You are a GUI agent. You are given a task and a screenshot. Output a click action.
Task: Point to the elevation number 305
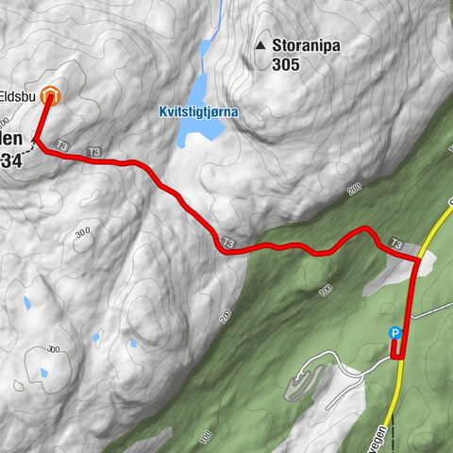pyautogui.click(x=285, y=64)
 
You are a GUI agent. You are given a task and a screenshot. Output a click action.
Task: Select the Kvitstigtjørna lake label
pyautogui.click(x=198, y=111)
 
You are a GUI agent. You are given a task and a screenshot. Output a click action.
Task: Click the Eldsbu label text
pyautogui.click(x=19, y=94)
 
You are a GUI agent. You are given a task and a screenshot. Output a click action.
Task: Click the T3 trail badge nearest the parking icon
pyautogui.click(x=396, y=243)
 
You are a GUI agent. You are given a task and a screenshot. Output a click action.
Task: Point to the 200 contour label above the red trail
pyautogui.click(x=354, y=192)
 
